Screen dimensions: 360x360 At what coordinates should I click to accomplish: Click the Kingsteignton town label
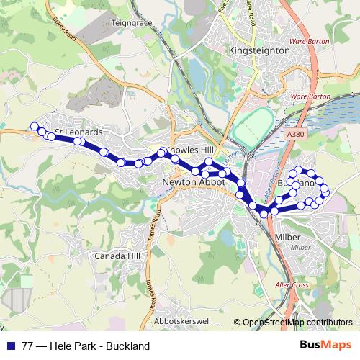point(258,51)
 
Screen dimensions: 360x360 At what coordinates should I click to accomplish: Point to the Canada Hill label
point(114,256)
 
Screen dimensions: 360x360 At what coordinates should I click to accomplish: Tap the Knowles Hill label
point(191,149)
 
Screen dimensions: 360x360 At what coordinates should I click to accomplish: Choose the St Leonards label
point(84,132)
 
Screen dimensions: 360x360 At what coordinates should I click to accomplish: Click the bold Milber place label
point(289,237)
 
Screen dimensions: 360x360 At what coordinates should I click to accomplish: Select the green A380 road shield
point(294,134)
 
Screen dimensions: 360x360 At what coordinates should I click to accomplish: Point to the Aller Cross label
point(292,284)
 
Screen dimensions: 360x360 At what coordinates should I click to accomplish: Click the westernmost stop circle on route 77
point(33,127)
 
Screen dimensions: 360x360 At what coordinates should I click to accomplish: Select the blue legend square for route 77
point(11,346)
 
